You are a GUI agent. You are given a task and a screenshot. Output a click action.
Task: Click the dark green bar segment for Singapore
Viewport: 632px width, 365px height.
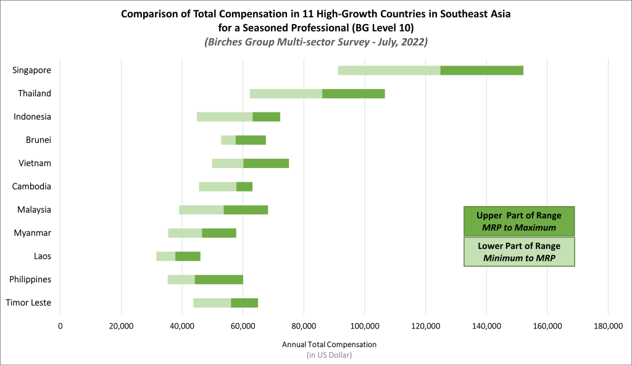point(481,70)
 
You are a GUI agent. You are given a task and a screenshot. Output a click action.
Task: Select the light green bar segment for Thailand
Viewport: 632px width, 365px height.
point(286,93)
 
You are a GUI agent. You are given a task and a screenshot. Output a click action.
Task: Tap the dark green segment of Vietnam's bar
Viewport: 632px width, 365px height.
point(266,163)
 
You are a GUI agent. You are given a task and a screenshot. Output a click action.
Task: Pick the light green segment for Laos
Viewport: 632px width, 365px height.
point(165,256)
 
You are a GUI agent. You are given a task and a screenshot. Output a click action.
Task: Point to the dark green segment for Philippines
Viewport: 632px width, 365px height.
point(218,279)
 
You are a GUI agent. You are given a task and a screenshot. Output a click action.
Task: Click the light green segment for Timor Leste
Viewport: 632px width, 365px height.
point(212,303)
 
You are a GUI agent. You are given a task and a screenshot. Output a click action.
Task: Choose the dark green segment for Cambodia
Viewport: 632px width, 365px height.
point(244,187)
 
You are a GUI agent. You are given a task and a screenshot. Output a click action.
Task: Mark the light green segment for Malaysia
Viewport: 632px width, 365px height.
point(201,209)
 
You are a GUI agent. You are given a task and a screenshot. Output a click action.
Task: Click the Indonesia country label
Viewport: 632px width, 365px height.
point(33,117)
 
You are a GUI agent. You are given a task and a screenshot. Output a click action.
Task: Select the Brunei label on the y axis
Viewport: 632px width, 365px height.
point(38,140)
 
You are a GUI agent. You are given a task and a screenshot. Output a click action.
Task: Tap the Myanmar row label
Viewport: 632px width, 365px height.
point(33,233)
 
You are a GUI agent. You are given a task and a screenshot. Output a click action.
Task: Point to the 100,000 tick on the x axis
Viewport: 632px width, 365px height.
point(365,326)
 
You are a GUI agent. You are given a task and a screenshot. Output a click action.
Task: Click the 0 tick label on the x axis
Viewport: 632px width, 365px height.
point(60,326)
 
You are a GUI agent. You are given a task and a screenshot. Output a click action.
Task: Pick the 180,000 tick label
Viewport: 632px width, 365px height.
point(608,326)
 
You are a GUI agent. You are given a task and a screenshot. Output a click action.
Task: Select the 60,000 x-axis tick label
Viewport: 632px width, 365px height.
point(243,326)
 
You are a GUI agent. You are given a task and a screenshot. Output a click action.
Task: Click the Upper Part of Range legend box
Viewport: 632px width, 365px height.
point(519,221)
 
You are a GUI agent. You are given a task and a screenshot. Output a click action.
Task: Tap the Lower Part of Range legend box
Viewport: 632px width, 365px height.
point(519,251)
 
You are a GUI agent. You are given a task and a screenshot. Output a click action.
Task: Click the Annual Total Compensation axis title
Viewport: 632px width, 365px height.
point(329,344)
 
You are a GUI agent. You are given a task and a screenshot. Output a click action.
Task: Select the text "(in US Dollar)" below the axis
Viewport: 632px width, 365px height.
point(329,355)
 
